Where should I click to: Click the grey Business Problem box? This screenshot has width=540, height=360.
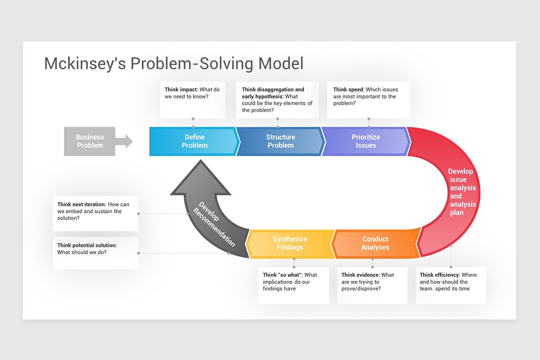(90, 141)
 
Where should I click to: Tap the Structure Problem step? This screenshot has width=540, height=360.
(280, 141)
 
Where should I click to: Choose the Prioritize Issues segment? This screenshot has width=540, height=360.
(365, 141)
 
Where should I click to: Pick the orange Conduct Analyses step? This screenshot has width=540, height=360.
(375, 243)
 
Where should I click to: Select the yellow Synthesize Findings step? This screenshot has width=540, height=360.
(290, 243)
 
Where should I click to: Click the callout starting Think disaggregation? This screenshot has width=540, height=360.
(277, 99)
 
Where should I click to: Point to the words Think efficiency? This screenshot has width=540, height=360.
(440, 275)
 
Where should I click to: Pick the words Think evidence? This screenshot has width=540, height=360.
(360, 275)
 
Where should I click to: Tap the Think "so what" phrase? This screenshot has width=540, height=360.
(283, 275)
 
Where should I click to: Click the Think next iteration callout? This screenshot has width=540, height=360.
(95, 211)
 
